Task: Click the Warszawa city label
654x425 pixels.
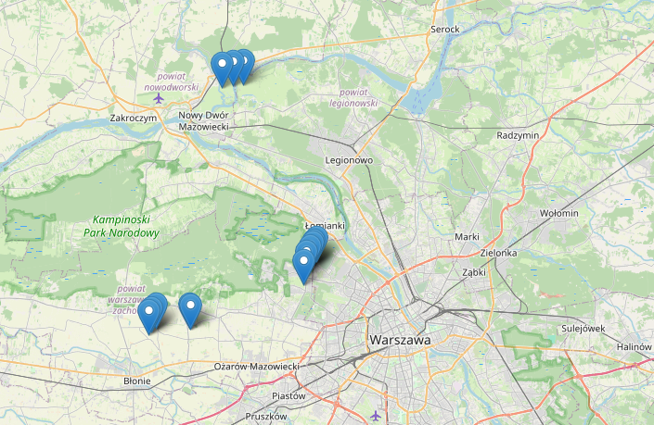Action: click(x=400, y=341)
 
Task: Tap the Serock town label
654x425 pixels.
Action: click(x=444, y=30)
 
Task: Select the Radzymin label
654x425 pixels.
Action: click(x=518, y=135)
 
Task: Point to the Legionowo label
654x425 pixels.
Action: click(x=349, y=160)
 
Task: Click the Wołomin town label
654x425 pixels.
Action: click(x=558, y=213)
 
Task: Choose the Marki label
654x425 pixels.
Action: click(x=467, y=237)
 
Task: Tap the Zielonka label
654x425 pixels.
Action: click(x=498, y=253)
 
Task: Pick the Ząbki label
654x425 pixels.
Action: click(x=474, y=272)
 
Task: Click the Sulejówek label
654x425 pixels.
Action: click(x=583, y=328)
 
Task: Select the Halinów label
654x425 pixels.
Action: click(x=635, y=346)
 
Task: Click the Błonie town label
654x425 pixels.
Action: click(x=137, y=381)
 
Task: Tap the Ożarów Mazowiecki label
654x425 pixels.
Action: click(x=256, y=368)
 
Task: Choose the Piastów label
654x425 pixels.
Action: click(x=288, y=396)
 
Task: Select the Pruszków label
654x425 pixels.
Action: click(x=265, y=417)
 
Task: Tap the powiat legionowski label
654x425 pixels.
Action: click(x=359, y=97)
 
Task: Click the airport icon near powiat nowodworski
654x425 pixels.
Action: click(x=159, y=98)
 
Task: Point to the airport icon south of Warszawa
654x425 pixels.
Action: click(x=375, y=414)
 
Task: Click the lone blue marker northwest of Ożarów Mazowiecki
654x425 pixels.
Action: click(x=190, y=309)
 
